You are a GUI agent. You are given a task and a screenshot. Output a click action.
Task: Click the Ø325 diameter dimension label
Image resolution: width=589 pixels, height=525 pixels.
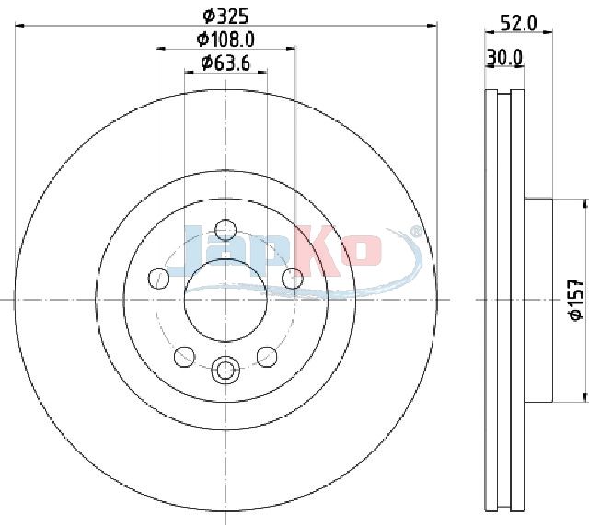225,17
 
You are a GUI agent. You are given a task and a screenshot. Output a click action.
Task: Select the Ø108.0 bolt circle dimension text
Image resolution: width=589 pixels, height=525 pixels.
225,39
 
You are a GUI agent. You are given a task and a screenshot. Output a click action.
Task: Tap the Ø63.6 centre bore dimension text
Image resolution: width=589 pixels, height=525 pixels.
225,63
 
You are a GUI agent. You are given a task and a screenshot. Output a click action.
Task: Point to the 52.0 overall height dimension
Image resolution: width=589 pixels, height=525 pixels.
519,24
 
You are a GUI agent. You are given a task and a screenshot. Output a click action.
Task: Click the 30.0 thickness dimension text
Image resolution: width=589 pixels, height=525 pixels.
504,57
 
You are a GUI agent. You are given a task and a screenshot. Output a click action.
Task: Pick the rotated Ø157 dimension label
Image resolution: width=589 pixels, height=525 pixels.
577,299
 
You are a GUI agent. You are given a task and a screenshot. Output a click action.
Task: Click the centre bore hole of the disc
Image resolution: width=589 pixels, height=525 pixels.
225,301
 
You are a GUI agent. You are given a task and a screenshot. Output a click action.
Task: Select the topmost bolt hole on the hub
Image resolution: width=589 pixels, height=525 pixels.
225,229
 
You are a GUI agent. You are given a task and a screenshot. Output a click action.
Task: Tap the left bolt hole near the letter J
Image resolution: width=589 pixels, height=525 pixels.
158,278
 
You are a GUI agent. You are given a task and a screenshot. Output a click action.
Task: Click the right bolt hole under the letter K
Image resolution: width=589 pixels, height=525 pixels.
293,278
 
